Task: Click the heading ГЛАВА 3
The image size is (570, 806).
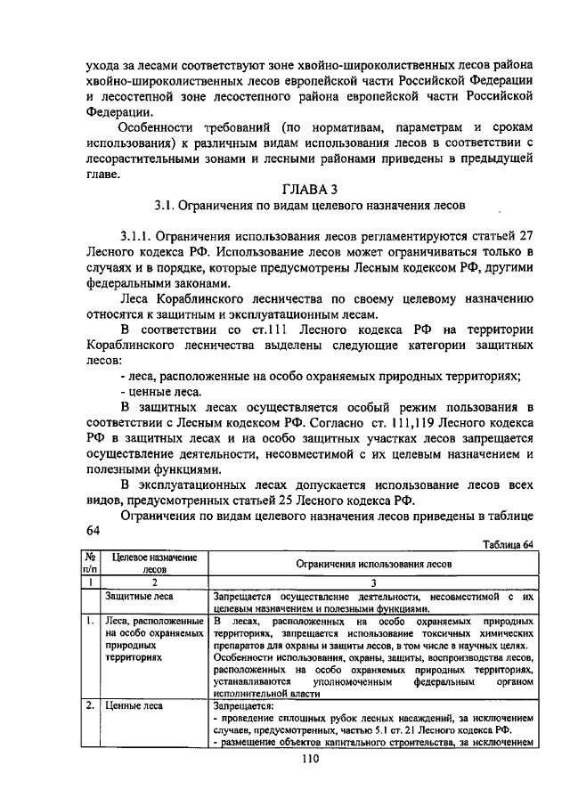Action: tap(305, 189)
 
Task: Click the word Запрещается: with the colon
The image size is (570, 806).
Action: tap(246, 705)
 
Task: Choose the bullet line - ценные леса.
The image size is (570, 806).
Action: tap(158, 391)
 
